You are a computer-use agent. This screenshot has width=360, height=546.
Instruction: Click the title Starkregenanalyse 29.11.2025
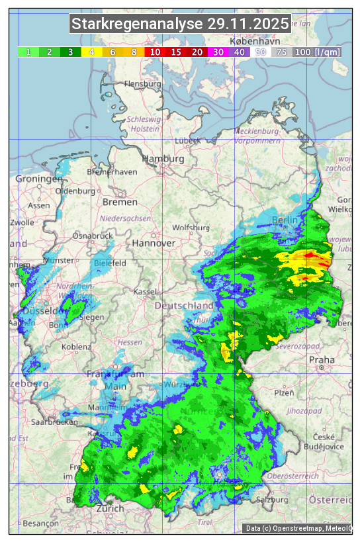[x=180, y=24]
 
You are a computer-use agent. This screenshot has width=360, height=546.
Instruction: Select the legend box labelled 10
[x=155, y=52]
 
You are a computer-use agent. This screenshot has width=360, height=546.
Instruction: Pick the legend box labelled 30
[x=218, y=52]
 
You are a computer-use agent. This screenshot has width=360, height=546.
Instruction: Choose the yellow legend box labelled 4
[x=91, y=52]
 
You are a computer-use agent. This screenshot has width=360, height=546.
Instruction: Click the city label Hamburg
[x=163, y=159]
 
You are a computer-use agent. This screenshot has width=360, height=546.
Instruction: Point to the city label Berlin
[x=286, y=220]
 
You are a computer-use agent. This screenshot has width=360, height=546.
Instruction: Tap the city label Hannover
[x=154, y=243]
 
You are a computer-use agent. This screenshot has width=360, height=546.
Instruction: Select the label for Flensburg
[x=143, y=85]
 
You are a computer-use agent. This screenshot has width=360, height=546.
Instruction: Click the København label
[x=255, y=41]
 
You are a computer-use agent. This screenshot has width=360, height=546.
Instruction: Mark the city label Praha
[x=322, y=359]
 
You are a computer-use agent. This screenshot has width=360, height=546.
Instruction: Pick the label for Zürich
[x=110, y=508]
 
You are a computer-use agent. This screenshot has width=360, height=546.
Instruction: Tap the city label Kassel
[x=144, y=292]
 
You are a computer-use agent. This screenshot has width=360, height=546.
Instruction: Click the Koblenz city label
[x=76, y=347]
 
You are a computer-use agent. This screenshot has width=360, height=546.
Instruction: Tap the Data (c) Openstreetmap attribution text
[x=298, y=528]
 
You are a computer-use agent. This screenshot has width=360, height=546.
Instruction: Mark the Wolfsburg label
[x=191, y=228]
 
